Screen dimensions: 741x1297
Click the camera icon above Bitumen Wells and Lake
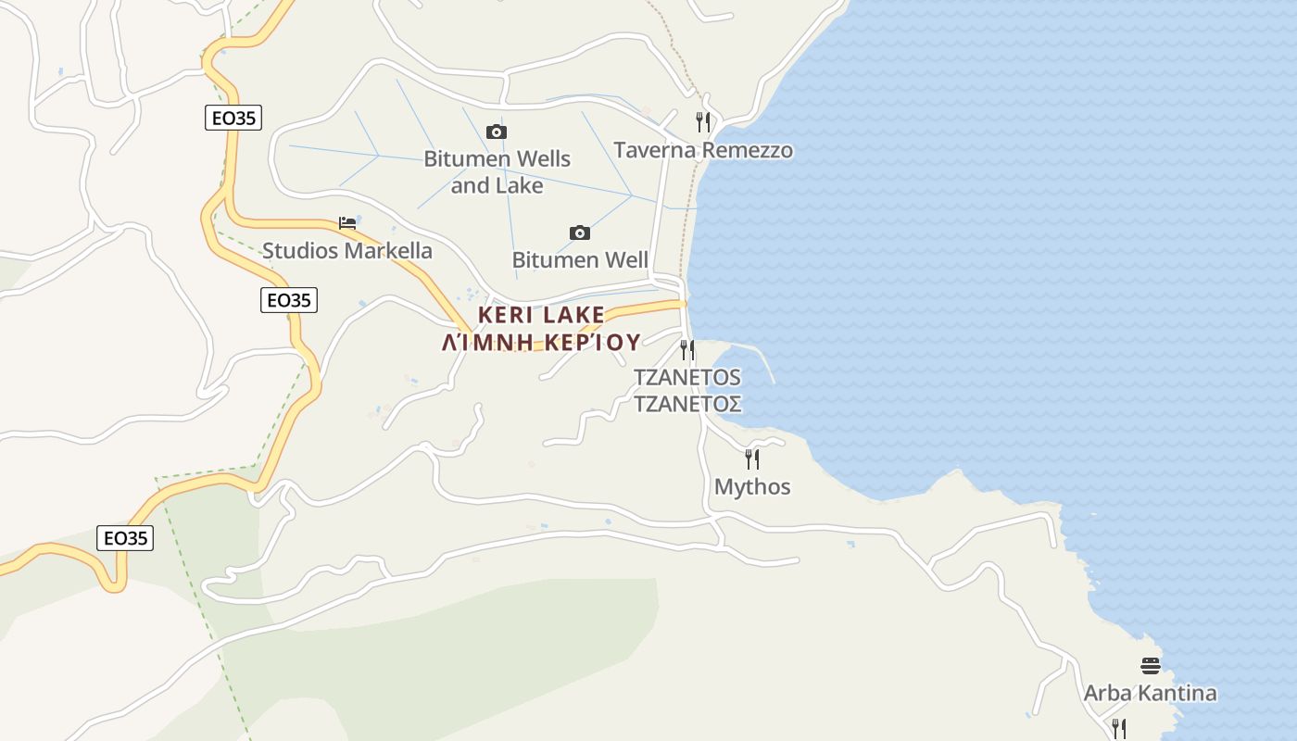(x=497, y=132)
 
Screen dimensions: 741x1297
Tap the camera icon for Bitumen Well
(x=580, y=232)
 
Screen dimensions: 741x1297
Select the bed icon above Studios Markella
(x=347, y=223)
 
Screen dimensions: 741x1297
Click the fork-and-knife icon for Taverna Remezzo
(x=703, y=122)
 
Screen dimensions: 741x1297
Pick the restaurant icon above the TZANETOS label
(x=687, y=349)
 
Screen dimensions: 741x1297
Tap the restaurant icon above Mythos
(x=752, y=458)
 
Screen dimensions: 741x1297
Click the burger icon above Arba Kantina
(x=1150, y=665)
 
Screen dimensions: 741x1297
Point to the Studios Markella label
(x=347, y=250)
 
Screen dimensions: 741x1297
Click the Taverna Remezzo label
(x=703, y=150)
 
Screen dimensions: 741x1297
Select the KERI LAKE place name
(x=541, y=315)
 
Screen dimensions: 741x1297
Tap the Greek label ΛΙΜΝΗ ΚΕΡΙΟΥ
(x=541, y=343)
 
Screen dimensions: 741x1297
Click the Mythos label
(x=752, y=486)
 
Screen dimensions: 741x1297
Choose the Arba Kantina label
(x=1150, y=693)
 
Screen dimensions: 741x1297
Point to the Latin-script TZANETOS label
(x=687, y=377)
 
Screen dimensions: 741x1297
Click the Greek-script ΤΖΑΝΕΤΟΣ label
(x=687, y=404)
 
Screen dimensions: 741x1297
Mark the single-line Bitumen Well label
(x=580, y=259)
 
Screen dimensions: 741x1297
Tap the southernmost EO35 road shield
(x=125, y=538)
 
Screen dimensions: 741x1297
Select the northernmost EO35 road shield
(x=233, y=118)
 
